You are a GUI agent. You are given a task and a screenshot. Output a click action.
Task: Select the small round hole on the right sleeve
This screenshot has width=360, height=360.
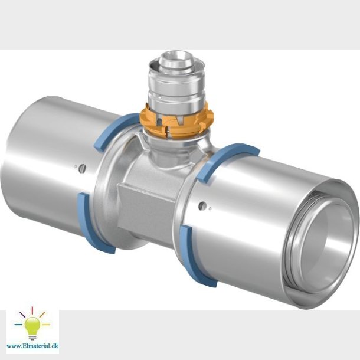(x=203, y=206)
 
